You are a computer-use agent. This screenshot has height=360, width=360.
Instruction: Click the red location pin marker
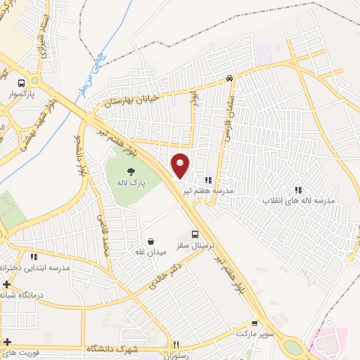click(x=181, y=165)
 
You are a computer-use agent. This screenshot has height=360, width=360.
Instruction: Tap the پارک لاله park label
click(x=130, y=183)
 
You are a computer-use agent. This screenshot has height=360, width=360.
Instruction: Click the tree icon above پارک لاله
click(x=131, y=171)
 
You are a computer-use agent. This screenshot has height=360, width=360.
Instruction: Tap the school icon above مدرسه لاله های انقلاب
click(x=298, y=189)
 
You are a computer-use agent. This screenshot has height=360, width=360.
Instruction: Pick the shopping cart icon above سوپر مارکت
click(x=255, y=324)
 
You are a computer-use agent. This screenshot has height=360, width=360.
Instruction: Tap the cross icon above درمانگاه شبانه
click(x=6, y=285)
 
